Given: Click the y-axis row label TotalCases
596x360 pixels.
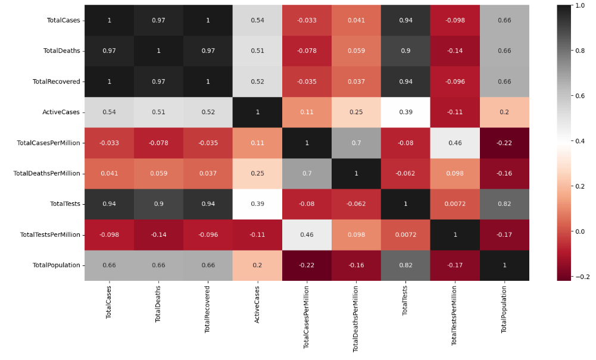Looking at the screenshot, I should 63,20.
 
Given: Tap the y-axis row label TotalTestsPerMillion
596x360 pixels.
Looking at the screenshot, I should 50,234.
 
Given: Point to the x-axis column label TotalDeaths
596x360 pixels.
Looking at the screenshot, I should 158,305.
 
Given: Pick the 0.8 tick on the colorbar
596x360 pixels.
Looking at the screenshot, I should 578,51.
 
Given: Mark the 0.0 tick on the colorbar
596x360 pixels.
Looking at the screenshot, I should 578,231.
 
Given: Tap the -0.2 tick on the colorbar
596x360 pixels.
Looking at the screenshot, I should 578,276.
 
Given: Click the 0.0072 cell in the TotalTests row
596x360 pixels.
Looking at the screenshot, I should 455,204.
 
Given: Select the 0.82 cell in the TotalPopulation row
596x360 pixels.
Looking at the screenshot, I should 405,265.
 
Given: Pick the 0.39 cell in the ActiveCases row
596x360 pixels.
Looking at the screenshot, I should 405,112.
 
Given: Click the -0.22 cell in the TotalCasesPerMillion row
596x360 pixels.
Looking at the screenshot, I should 504,143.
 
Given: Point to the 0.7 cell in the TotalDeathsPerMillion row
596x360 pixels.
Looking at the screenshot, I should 307,173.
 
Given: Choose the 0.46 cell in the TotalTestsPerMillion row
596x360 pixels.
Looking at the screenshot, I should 307,234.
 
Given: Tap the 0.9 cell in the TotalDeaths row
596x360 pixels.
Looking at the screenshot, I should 405,51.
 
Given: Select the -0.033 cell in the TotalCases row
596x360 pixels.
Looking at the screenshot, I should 307,20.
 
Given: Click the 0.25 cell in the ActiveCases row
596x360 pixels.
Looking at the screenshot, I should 356,112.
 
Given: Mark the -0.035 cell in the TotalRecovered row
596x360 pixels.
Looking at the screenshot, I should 307,82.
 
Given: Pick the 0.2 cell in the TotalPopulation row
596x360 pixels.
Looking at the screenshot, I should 257,265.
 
